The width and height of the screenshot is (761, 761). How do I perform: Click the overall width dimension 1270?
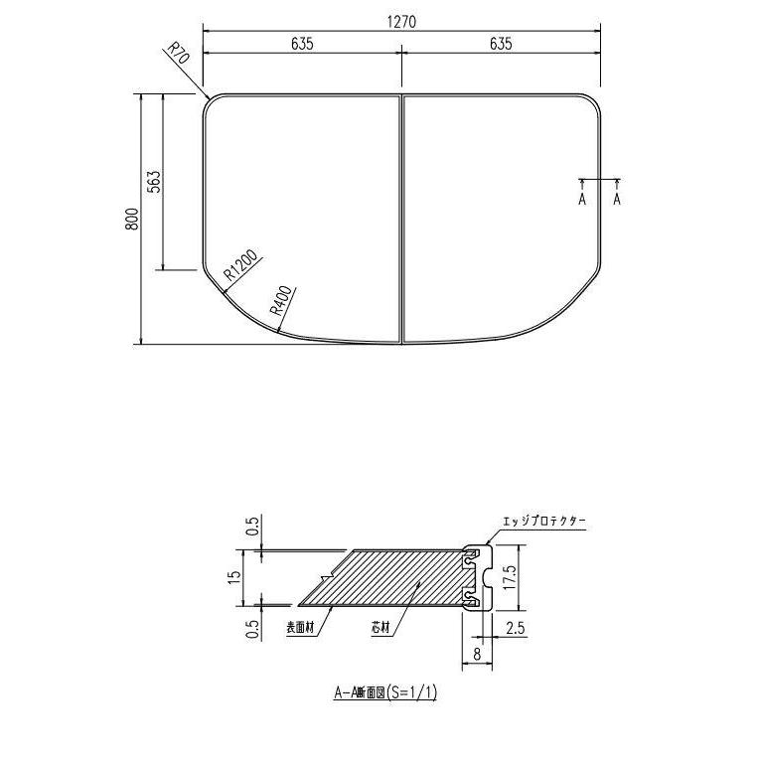401,20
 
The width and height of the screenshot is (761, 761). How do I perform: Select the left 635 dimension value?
302,44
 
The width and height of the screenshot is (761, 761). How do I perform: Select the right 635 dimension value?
501,44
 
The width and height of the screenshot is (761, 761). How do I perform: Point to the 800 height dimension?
132,220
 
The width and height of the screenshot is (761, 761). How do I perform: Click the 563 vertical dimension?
155,183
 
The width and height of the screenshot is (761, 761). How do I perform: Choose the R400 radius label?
281,299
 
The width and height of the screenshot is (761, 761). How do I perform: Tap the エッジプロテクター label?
545,521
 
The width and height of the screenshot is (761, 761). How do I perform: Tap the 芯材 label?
380,628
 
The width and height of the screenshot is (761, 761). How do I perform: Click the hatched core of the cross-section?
397,576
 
